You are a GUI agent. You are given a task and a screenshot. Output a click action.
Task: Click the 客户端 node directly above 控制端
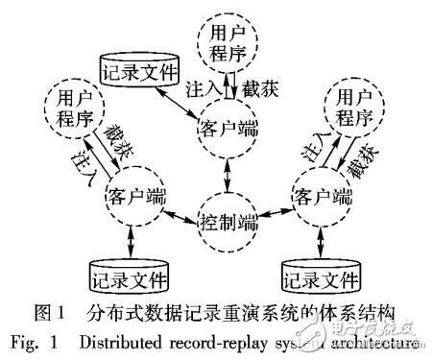tap(229, 129)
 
